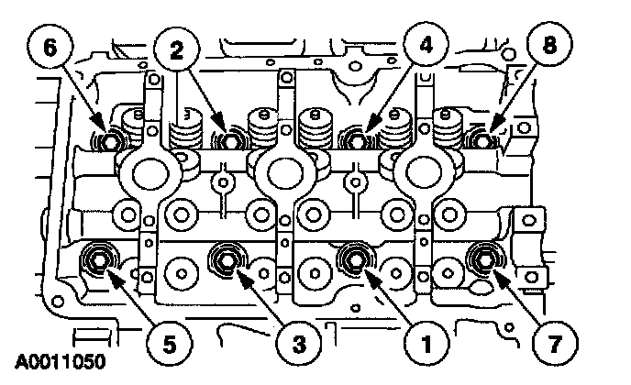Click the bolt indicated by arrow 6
point(108,142)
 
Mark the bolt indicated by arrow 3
point(225,259)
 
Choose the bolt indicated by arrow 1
point(352,258)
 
